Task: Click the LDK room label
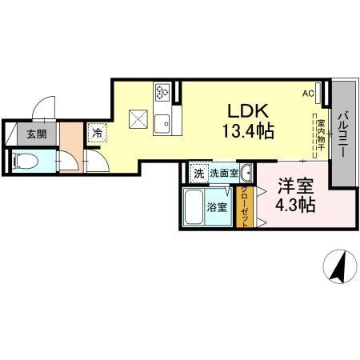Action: click(x=248, y=111)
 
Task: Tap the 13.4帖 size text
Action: click(x=248, y=131)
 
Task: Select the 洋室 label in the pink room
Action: click(x=295, y=186)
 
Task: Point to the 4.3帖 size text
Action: click(x=295, y=205)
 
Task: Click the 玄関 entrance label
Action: click(x=37, y=134)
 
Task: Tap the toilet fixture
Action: click(x=26, y=162)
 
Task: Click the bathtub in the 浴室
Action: click(x=194, y=207)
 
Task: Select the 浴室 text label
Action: click(x=217, y=207)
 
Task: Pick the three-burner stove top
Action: click(x=162, y=92)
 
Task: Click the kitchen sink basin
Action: click(x=162, y=124)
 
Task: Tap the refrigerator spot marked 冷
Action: click(x=98, y=133)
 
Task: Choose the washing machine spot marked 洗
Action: click(x=199, y=174)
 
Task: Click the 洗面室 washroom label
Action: click(x=224, y=174)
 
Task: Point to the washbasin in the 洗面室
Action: click(x=246, y=173)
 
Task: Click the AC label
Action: click(x=308, y=94)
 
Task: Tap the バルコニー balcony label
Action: click(x=343, y=135)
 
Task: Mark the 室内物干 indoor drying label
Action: click(x=320, y=135)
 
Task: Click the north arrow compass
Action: click(x=340, y=266)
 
